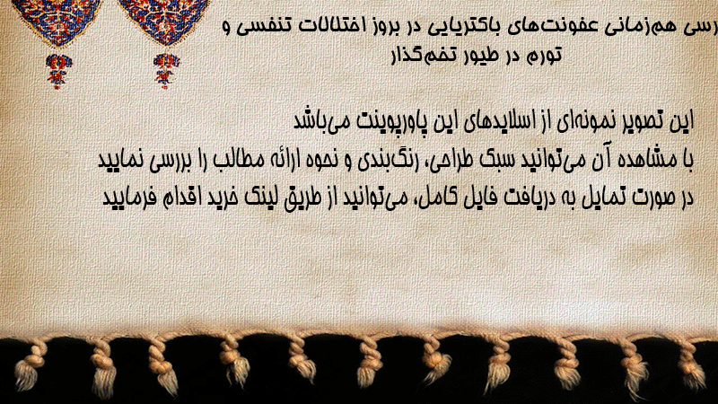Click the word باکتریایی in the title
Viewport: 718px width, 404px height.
coord(451,26)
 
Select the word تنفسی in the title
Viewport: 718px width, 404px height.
coord(265,26)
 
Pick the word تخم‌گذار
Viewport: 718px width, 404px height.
coord(414,54)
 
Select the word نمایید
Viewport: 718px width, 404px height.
coord(121,161)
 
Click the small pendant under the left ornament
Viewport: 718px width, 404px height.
coord(57,71)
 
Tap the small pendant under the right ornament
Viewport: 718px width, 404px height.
coord(166,71)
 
